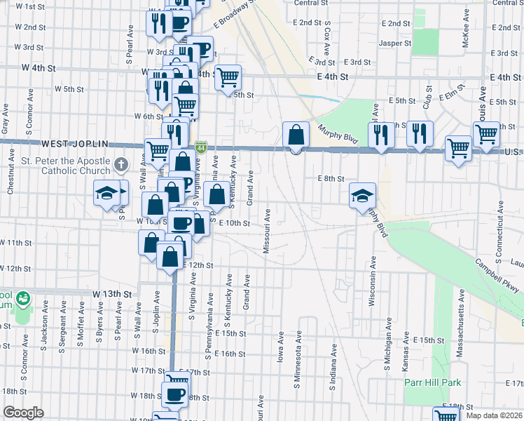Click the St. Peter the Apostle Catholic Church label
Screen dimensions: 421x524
tap(56, 166)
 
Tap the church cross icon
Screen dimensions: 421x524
tap(120, 166)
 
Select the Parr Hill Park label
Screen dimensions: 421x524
tap(432, 382)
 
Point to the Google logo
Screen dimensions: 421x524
tap(23, 413)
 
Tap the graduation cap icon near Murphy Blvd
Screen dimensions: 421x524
tap(363, 196)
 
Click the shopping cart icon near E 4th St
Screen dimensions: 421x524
tap(227, 77)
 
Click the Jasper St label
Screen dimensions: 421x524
tap(395, 43)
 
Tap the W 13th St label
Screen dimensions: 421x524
tap(112, 293)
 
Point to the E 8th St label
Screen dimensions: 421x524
tap(331, 179)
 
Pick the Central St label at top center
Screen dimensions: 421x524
tap(311, 3)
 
